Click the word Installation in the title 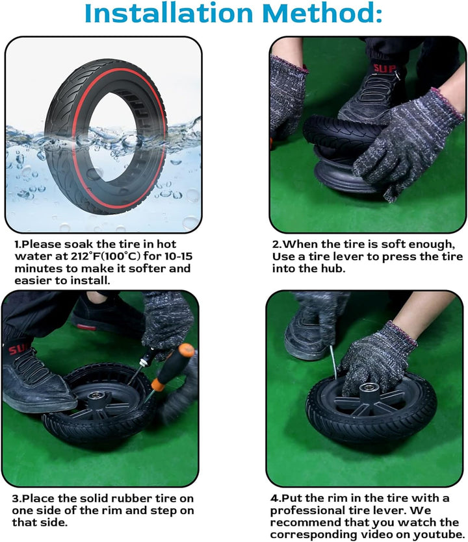coord(169,13)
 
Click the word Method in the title coord(318,13)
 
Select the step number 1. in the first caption coord(18,244)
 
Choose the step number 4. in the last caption coord(275,498)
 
